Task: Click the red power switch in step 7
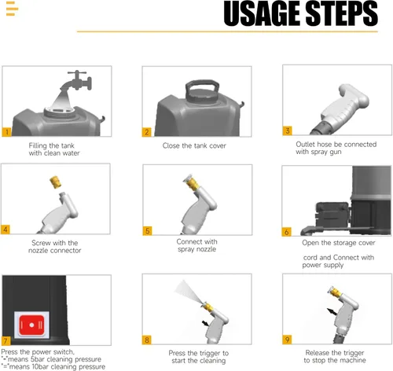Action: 31,325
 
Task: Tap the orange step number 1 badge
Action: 6,132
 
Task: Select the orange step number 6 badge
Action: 286,232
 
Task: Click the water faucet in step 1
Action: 76,80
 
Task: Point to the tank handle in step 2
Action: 202,90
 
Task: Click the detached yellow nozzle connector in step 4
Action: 55,182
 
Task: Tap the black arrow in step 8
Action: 205,323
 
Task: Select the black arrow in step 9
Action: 332,311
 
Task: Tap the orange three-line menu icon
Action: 12,9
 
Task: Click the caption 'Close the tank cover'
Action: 194,145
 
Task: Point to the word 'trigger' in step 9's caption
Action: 353,353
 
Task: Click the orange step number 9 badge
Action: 287,340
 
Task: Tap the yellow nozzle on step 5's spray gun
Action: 192,182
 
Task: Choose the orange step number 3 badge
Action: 288,130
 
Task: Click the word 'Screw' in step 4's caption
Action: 40,243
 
